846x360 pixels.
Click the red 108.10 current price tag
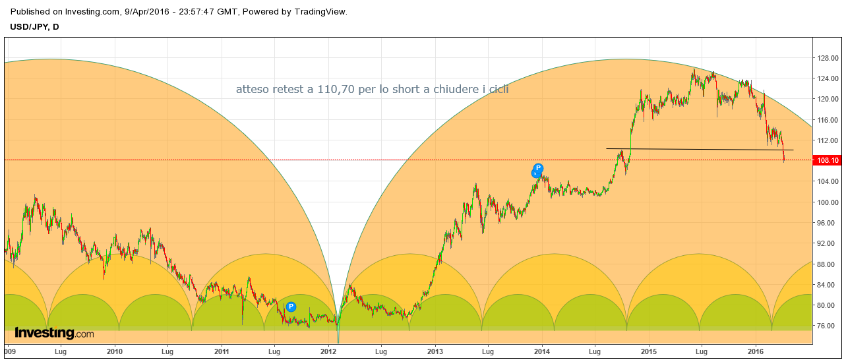(828, 160)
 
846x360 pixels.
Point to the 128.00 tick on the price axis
(828, 58)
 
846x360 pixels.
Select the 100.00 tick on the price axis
(828, 202)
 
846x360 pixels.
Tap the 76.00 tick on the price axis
(828, 325)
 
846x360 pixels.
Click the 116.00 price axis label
(828, 120)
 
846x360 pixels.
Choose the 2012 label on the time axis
(328, 352)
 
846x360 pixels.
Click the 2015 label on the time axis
(649, 352)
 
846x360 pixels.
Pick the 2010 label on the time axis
(115, 352)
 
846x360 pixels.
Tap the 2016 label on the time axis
(756, 352)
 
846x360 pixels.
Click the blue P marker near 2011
(291, 307)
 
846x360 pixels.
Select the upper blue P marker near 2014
(539, 168)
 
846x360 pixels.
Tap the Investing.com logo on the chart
(54, 334)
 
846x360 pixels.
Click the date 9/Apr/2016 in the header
(150, 12)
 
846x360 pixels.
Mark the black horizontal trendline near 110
(699, 150)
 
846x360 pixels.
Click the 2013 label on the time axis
(435, 352)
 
